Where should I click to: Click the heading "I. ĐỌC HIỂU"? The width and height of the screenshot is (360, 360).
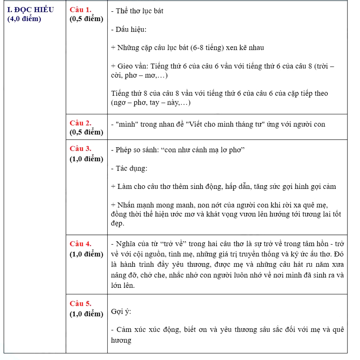pyautogui.click(x=31, y=10)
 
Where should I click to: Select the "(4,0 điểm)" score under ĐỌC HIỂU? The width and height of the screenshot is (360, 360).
pyautogui.click(x=24, y=19)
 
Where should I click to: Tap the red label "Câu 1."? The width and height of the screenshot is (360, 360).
pyautogui.click(x=81, y=10)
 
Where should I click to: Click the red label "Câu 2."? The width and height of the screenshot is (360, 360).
pyautogui.click(x=81, y=123)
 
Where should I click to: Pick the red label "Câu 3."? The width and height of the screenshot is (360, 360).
pyautogui.click(x=81, y=149)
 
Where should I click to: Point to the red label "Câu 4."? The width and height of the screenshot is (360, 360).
pyautogui.click(x=81, y=244)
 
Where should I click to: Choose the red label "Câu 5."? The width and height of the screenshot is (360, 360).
pyautogui.click(x=81, y=304)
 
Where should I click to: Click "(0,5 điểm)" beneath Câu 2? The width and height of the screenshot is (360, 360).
pyautogui.click(x=86, y=132)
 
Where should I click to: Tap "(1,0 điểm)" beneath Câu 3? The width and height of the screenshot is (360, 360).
pyautogui.click(x=86, y=158)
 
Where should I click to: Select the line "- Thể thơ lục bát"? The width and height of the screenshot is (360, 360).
pyautogui.click(x=137, y=11)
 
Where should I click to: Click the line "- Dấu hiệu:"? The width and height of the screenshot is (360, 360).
pyautogui.click(x=129, y=30)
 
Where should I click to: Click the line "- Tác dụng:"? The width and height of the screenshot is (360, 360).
pyautogui.click(x=129, y=168)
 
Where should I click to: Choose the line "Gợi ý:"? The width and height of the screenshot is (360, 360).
pyautogui.click(x=121, y=311)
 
